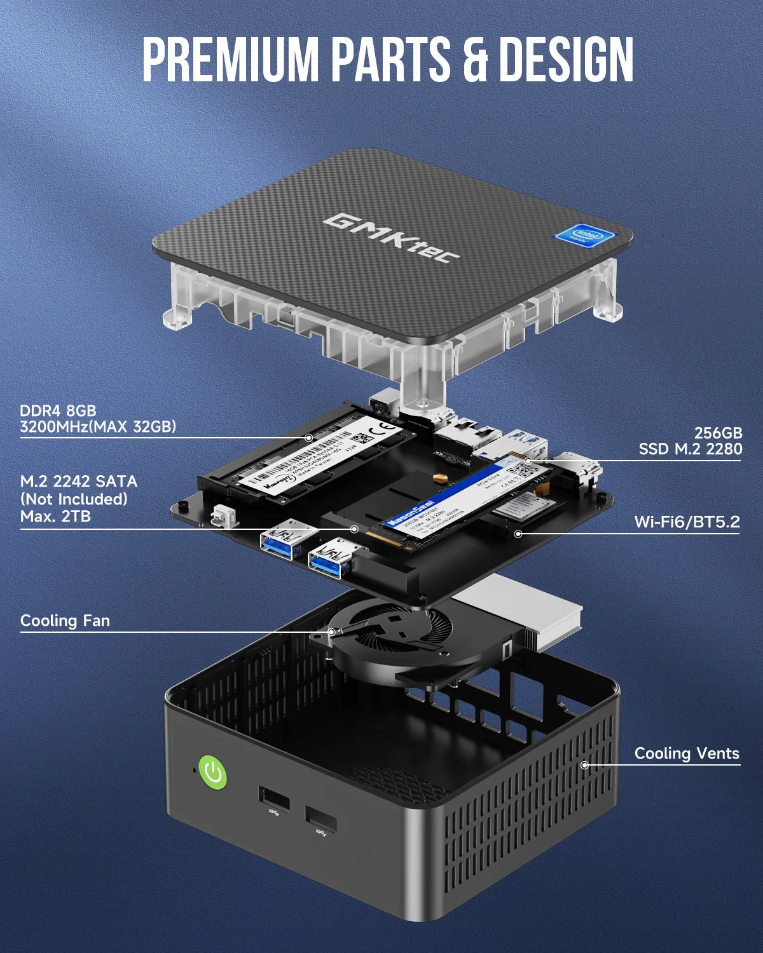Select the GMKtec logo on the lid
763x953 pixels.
pyautogui.click(x=391, y=238)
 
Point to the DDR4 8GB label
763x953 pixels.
pyautogui.click(x=58, y=410)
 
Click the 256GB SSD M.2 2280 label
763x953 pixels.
pyautogui.click(x=691, y=441)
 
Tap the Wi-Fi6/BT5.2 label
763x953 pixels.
pyautogui.click(x=687, y=522)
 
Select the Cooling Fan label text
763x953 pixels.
pyautogui.click(x=65, y=621)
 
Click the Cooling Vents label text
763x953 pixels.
pyautogui.click(x=687, y=754)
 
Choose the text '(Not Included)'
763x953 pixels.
pyautogui.click(x=74, y=499)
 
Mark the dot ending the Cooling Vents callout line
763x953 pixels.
pyautogui.click(x=585, y=765)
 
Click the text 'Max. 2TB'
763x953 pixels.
pyautogui.click(x=55, y=517)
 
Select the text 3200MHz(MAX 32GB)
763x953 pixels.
pyautogui.click(x=98, y=426)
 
